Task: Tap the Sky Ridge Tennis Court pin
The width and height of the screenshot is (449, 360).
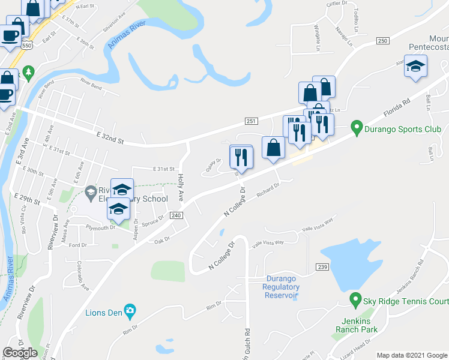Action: [355, 299]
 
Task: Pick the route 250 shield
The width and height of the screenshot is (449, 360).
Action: [383, 41]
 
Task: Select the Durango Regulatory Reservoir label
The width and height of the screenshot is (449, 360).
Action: [282, 287]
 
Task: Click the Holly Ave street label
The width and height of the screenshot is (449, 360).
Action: [181, 187]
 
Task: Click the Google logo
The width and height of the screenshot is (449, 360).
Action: [20, 352]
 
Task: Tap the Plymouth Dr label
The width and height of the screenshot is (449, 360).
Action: [100, 228]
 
